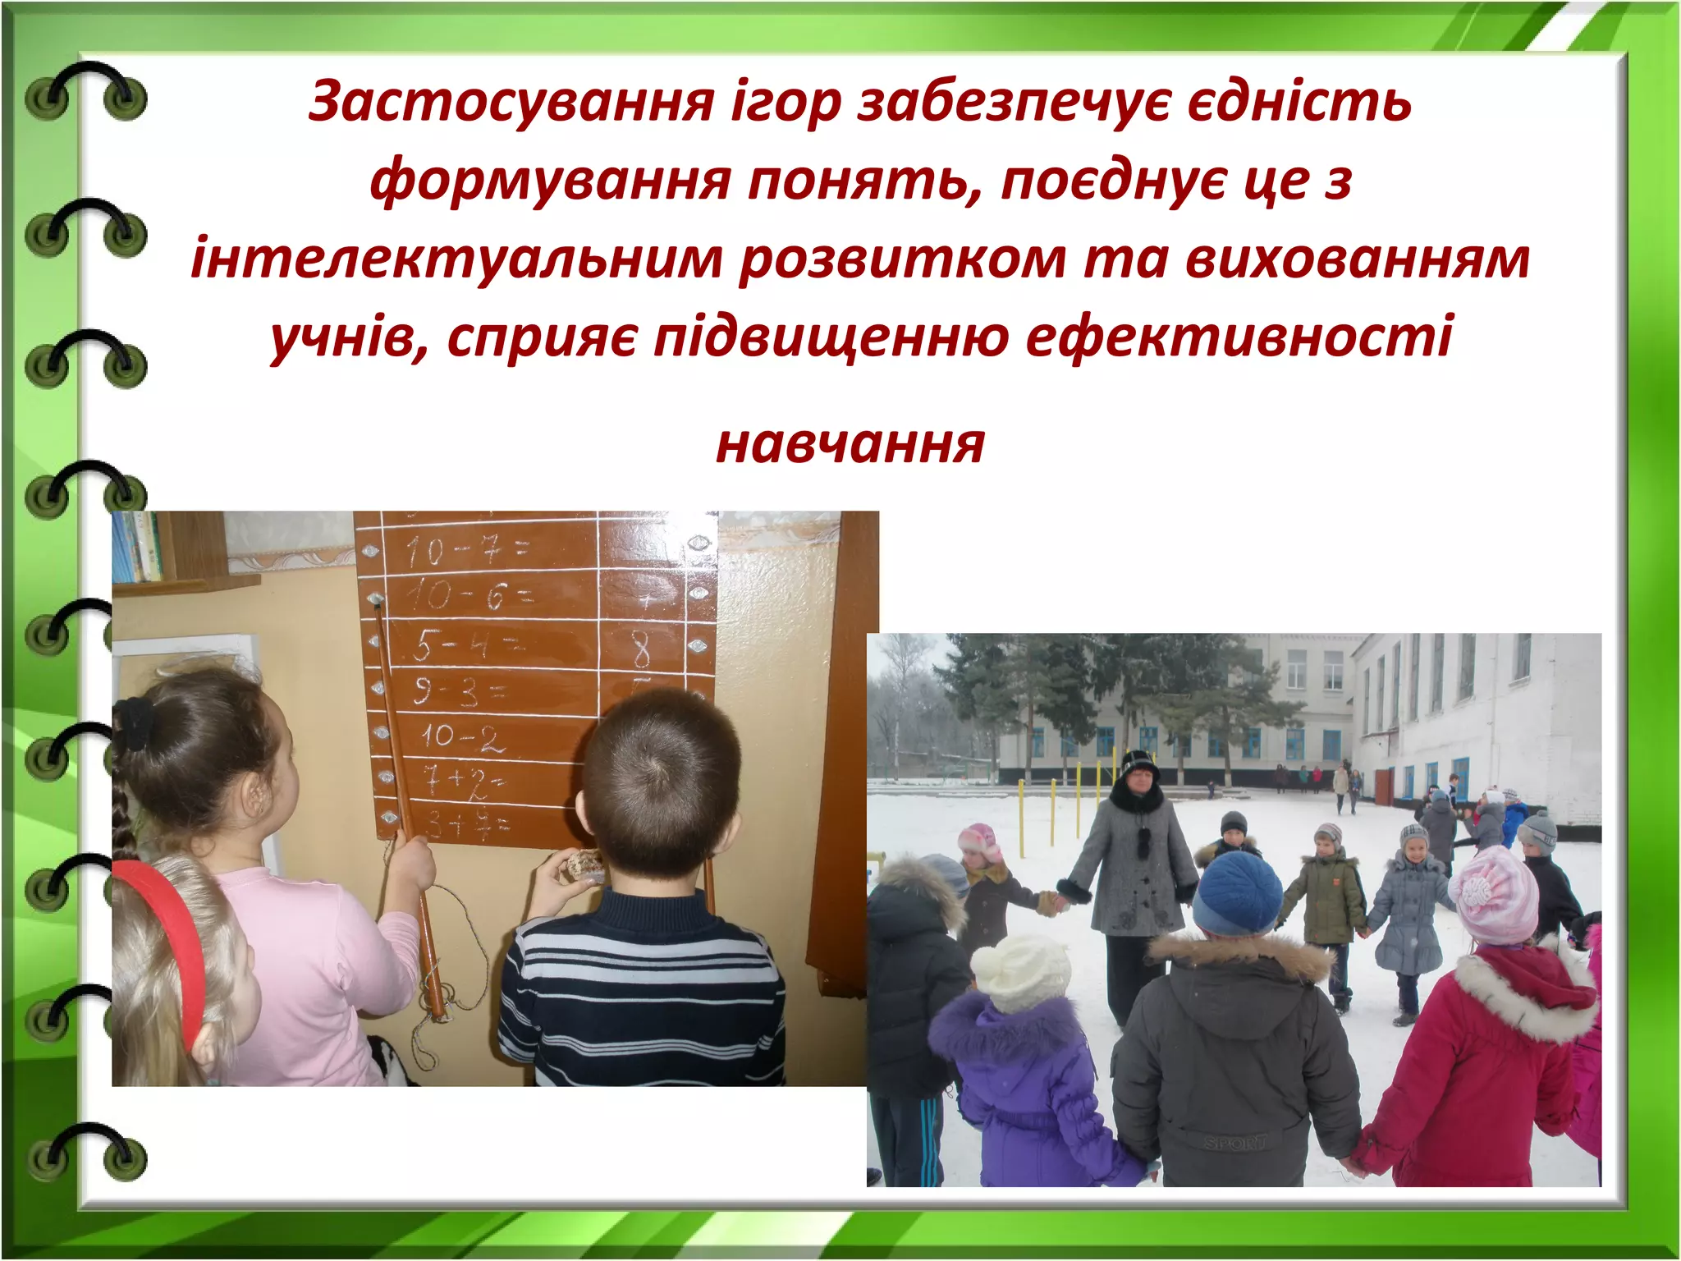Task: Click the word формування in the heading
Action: click(550, 180)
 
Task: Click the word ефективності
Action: click(1239, 335)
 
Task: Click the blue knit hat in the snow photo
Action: click(1236, 890)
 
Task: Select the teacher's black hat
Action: click(1139, 765)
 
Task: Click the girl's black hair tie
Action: click(135, 722)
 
